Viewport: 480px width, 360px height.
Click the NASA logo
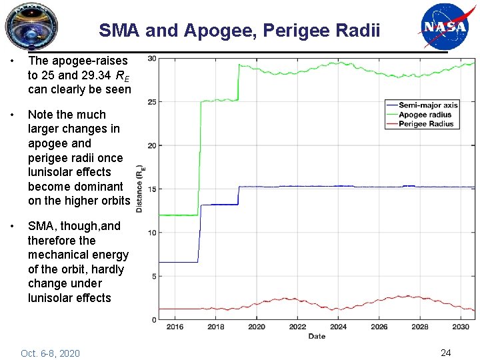pyautogui.click(x=443, y=27)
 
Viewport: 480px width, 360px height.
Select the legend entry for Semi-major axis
pyautogui.click(x=427, y=105)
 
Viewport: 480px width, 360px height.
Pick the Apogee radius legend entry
pyautogui.click(x=425, y=115)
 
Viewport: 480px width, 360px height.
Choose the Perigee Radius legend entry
pyautogui.click(x=425, y=124)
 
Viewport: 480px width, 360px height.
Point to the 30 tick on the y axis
pyautogui.click(x=152, y=59)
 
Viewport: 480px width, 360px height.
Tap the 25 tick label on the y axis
pyautogui.click(x=152, y=102)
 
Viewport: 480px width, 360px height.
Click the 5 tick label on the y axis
pyautogui.click(x=154, y=276)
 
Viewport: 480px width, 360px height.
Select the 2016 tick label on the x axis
pyautogui.click(x=175, y=327)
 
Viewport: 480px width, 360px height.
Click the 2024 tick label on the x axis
pyautogui.click(x=338, y=327)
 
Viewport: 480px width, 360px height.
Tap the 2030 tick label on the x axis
pyautogui.click(x=460, y=327)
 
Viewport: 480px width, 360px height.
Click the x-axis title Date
pyautogui.click(x=317, y=336)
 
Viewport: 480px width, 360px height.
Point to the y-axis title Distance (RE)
pyautogui.click(x=139, y=189)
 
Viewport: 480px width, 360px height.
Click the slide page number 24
pyautogui.click(x=445, y=352)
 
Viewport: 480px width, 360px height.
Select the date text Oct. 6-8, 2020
pyautogui.click(x=50, y=353)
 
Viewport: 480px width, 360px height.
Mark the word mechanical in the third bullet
pyautogui.click(x=59, y=255)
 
